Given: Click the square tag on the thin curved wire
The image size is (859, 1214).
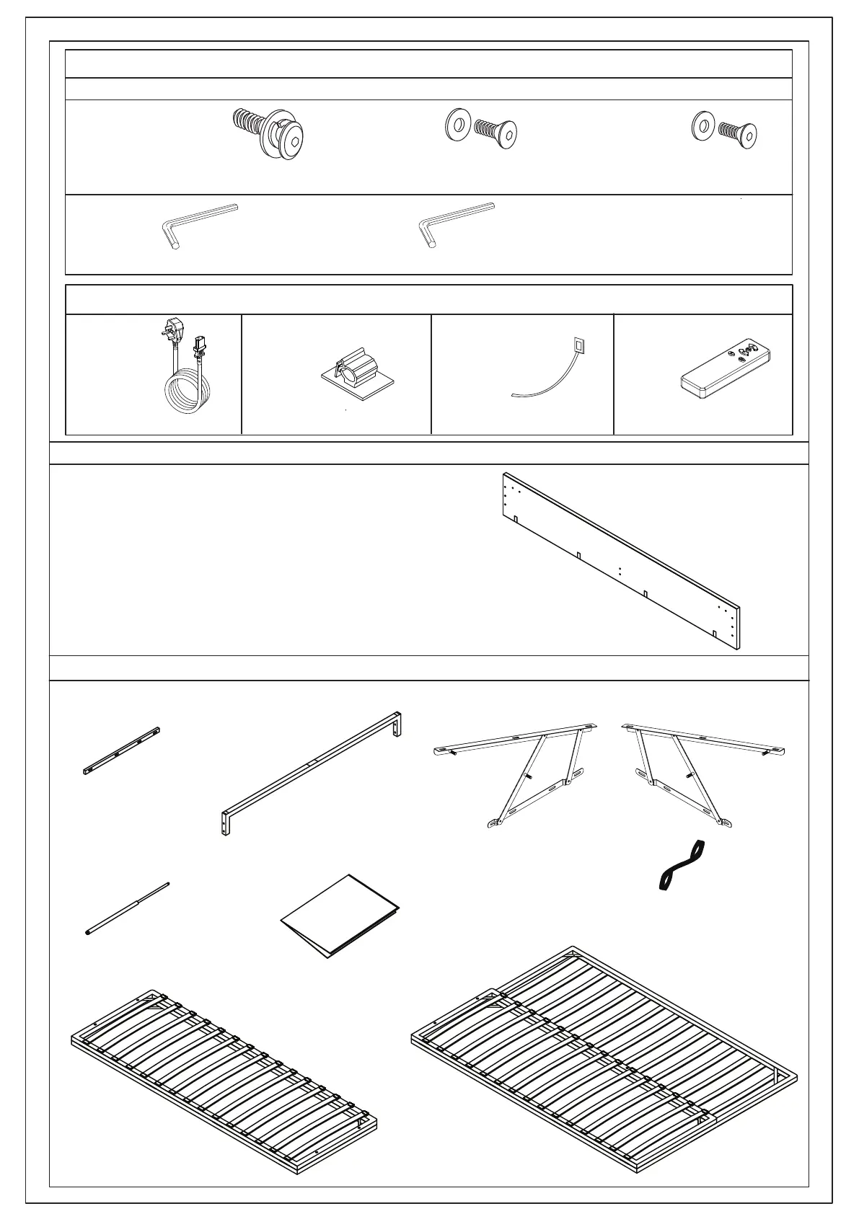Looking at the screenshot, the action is [x=578, y=344].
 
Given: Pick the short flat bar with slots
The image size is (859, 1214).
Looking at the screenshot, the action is [x=121, y=750].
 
